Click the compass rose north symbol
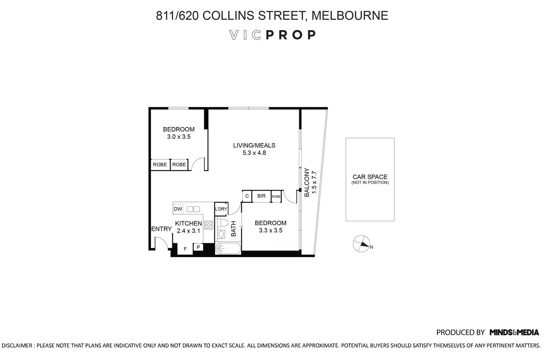[x=361, y=244]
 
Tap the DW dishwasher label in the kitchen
[x=178, y=209]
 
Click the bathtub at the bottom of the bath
[x=228, y=249]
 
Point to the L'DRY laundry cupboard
[x=221, y=209]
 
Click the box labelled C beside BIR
[x=247, y=196]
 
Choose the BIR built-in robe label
[x=261, y=196]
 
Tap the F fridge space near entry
[x=185, y=249]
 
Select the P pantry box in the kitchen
[x=198, y=247]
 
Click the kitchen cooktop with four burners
[x=208, y=225]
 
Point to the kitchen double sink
[x=193, y=209]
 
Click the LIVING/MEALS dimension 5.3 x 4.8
[x=254, y=153]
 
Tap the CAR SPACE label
[x=370, y=177]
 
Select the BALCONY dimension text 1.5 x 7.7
[x=314, y=182]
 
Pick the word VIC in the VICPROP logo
[x=246, y=35]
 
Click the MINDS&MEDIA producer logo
[x=514, y=332]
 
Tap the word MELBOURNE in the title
[x=350, y=16]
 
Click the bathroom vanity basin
[x=221, y=234]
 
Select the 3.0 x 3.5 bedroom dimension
[x=178, y=137]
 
